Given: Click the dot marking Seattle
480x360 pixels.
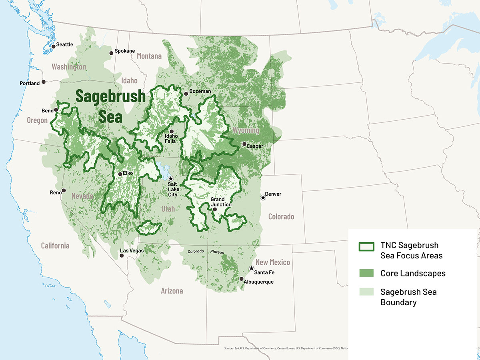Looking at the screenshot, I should (x=53, y=46).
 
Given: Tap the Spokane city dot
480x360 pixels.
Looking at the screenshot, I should (x=111, y=53).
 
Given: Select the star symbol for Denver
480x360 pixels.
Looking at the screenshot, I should (x=263, y=197).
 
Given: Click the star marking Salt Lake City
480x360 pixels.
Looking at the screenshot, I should (x=170, y=178).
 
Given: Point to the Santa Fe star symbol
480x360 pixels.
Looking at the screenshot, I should (x=251, y=268).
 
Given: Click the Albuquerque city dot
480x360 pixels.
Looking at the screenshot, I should (x=241, y=279).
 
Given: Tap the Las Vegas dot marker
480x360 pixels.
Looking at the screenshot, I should (x=122, y=255).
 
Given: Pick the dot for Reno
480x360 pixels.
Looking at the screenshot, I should (x=64, y=190).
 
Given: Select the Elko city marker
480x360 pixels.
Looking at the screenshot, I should (x=120, y=174).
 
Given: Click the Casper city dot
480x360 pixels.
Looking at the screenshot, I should (x=244, y=144).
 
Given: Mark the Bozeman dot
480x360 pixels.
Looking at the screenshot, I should (x=186, y=94).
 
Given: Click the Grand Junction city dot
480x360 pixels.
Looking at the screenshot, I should (x=215, y=209).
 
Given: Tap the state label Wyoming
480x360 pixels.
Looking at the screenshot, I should (x=246, y=130).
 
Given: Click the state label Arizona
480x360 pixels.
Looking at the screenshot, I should (x=172, y=291).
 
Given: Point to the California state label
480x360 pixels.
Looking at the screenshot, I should (x=55, y=246).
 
